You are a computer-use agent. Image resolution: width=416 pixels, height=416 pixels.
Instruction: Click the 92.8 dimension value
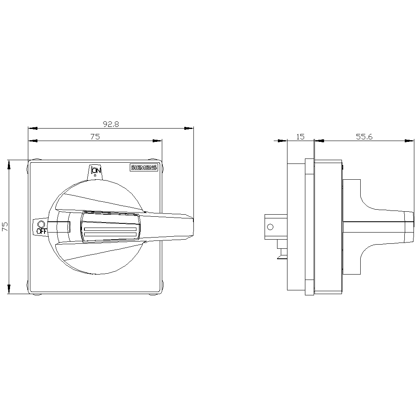[x=111, y=124]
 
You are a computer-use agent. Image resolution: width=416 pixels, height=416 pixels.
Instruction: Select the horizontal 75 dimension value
[x=95, y=136]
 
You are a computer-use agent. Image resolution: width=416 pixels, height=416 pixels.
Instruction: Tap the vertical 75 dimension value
[x=5, y=227]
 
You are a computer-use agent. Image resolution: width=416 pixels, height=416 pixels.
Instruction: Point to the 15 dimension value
[x=300, y=136]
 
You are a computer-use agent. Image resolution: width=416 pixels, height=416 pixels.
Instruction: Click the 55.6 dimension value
[x=364, y=136]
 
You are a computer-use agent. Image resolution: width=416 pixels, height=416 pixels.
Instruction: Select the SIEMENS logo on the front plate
[x=144, y=168]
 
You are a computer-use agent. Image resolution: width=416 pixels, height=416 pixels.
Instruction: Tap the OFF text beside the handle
[x=42, y=231]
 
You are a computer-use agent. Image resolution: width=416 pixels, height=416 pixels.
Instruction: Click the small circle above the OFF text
[x=41, y=224]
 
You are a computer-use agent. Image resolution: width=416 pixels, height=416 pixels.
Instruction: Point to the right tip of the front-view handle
[x=193, y=219]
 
